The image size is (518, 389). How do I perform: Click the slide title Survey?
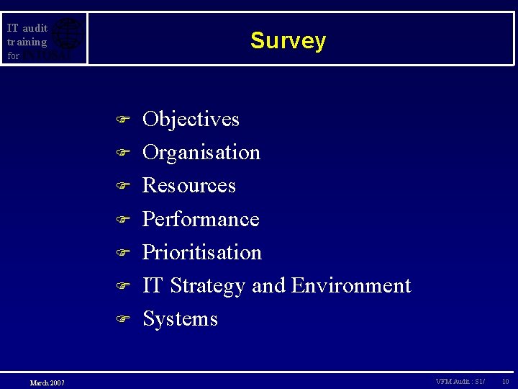click(x=288, y=41)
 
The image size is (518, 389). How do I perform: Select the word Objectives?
click(x=191, y=119)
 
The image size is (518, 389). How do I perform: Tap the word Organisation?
click(x=201, y=152)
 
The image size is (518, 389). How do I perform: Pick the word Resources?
click(x=189, y=185)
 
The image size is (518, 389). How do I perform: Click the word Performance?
click(x=201, y=218)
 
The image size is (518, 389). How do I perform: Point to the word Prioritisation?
click(x=202, y=252)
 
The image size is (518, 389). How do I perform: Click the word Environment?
click(x=351, y=285)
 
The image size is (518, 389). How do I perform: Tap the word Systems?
click(x=180, y=318)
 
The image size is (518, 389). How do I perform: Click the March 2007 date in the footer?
click(x=47, y=383)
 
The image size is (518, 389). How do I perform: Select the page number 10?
click(x=506, y=381)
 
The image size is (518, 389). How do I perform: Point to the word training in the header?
click(x=27, y=42)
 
